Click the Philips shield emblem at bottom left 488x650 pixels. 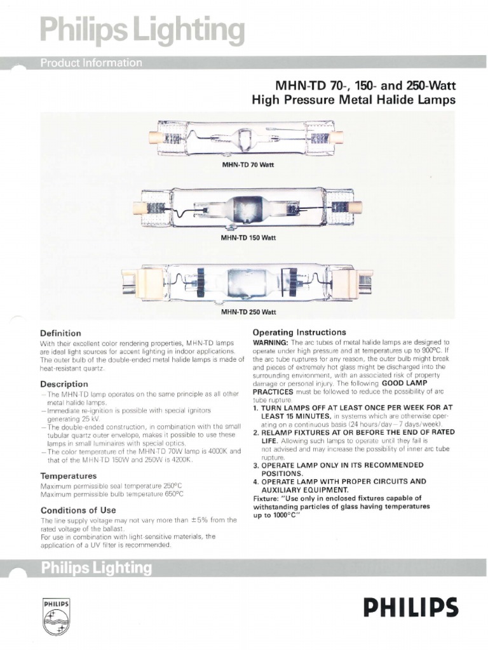click(55, 615)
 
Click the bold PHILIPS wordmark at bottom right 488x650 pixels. click(410, 608)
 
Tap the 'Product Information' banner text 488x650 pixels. click(91, 62)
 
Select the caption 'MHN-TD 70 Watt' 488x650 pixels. click(247, 164)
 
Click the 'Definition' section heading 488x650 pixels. click(60, 333)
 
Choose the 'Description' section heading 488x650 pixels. click(64, 384)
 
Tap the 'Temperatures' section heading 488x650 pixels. click(68, 475)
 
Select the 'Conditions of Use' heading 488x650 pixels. click(78, 510)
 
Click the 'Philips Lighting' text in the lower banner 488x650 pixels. click(97, 567)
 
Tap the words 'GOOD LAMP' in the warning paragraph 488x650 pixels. click(404, 383)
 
